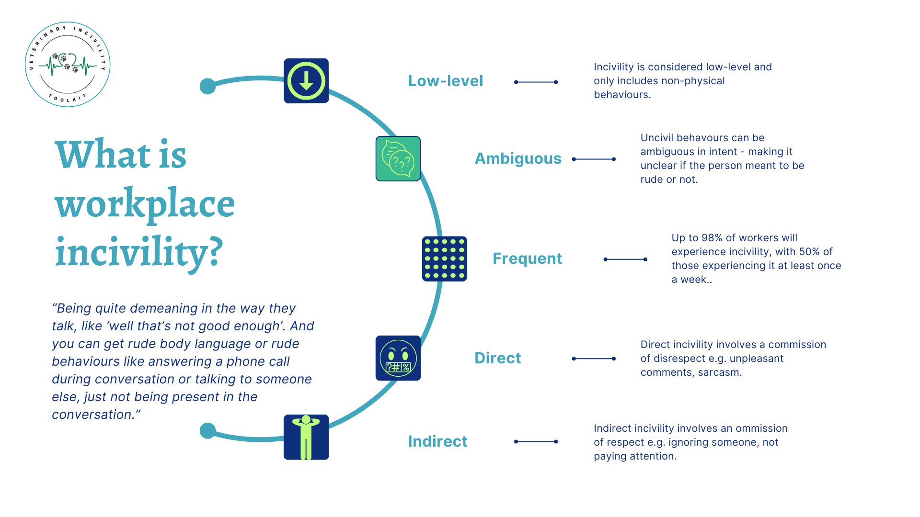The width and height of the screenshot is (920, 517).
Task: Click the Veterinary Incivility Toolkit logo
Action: point(68,64)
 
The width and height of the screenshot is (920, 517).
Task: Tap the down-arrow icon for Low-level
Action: point(306,81)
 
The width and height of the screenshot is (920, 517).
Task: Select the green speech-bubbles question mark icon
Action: point(398,158)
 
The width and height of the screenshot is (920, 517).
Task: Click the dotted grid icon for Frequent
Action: point(444,258)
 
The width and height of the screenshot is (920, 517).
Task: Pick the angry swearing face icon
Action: point(398,358)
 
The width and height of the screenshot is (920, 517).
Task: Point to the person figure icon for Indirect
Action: point(306,437)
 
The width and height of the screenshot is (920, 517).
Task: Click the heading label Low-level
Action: point(445,81)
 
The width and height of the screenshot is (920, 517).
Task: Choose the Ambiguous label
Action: point(517,158)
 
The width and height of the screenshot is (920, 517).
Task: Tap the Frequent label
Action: point(527,258)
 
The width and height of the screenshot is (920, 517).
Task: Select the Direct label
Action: point(497,358)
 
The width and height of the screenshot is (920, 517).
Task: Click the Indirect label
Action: point(437,441)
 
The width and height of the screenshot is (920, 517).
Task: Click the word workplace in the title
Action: point(145,204)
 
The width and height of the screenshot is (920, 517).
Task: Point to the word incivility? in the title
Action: point(139,253)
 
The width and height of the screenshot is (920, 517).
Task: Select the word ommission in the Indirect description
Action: point(761,428)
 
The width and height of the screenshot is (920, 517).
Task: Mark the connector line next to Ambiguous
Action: point(594,159)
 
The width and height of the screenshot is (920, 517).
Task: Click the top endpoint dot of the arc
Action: point(207,86)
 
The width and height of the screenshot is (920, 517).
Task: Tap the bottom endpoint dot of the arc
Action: point(207,430)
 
